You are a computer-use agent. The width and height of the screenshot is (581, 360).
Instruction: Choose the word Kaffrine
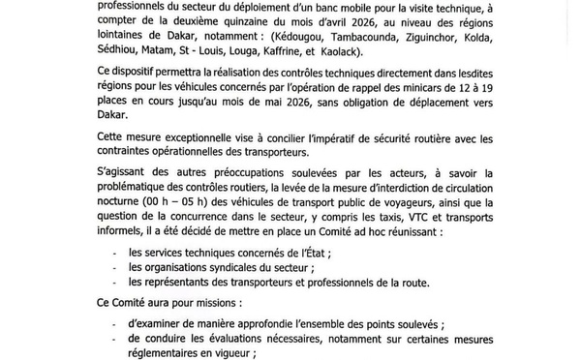coord(343,57)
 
